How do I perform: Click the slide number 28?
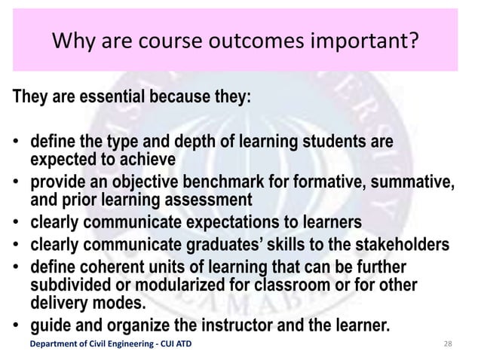[x=449, y=345]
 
